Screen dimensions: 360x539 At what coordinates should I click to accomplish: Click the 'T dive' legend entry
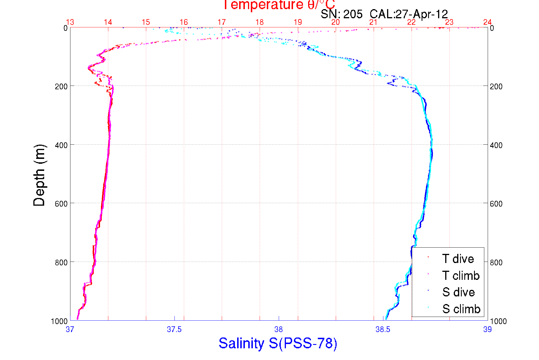pos(458,259)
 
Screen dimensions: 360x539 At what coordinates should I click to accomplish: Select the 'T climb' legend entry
pos(461,276)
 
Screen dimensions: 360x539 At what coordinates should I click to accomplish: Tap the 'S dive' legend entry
pos(458,292)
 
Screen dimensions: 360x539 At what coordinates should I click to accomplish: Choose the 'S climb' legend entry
pos(461,309)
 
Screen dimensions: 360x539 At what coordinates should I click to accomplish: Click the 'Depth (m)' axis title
pos(39,175)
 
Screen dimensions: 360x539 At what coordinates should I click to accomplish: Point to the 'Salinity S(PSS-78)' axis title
pos(278,343)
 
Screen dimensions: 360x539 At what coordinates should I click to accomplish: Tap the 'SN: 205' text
pos(341,14)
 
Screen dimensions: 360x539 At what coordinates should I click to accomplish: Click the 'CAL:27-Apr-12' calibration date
pos(409,14)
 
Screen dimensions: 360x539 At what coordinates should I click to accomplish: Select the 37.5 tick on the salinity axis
pos(174,329)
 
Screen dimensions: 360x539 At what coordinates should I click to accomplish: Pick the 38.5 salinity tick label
pos(383,329)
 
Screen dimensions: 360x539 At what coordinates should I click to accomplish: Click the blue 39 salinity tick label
pos(487,329)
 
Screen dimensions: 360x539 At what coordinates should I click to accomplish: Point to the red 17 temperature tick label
pos(221,22)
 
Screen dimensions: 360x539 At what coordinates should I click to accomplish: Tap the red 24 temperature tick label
pos(487,22)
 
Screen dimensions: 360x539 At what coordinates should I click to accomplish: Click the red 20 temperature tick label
pos(335,22)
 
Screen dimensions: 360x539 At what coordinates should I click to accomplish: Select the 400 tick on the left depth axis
pos(61,145)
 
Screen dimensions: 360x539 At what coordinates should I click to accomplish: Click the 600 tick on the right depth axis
pos(496,204)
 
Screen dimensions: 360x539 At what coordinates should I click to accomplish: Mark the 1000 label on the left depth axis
pos(59,321)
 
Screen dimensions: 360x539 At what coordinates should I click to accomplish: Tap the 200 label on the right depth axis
pos(496,86)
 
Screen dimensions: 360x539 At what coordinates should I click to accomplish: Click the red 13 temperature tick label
pos(70,22)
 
